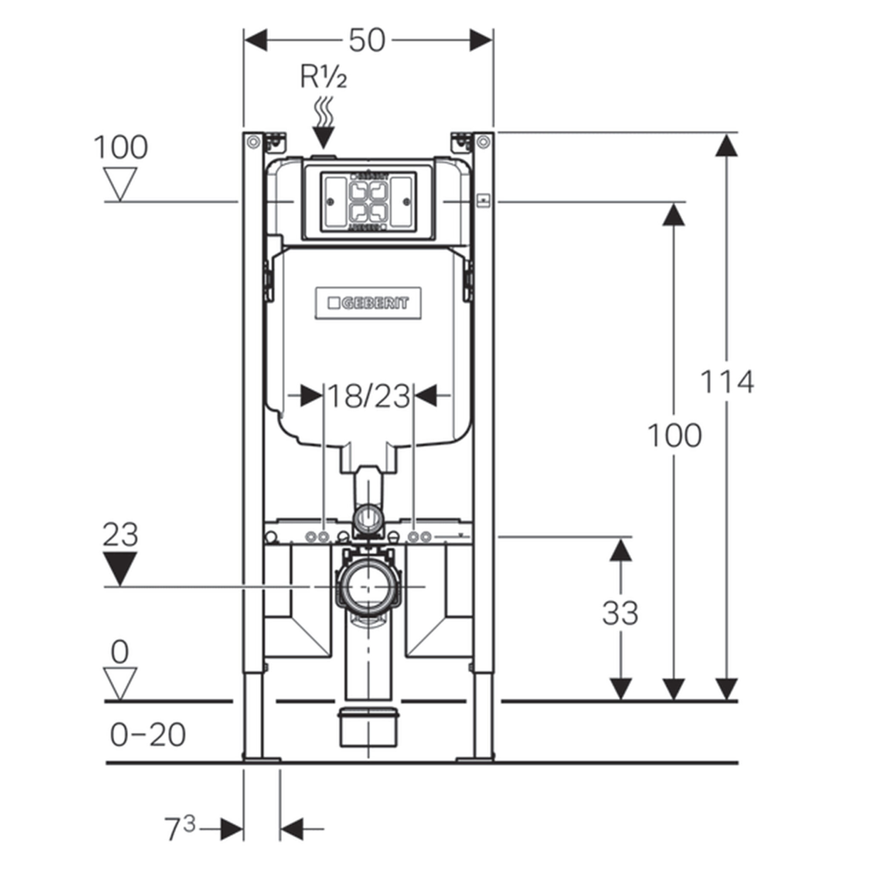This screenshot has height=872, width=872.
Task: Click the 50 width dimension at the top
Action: (367, 40)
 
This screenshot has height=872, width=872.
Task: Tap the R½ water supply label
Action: (324, 78)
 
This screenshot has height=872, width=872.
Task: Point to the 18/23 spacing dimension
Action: (368, 396)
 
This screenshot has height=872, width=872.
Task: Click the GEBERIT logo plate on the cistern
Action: (368, 303)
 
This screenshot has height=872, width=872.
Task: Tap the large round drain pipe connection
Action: (368, 587)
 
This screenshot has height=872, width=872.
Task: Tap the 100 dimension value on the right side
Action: (674, 436)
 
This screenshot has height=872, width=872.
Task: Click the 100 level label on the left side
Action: (120, 147)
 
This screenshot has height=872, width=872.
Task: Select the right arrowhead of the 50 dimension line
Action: (481, 40)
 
